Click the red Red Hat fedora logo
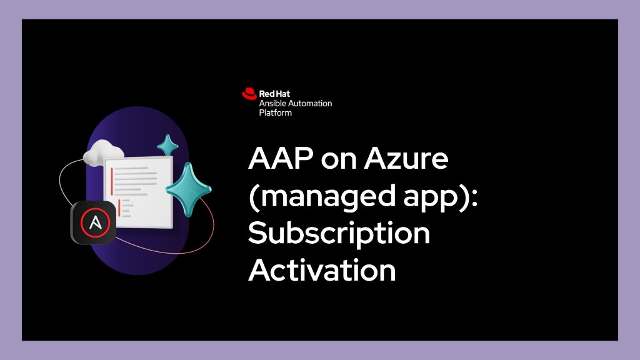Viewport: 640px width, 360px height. pos(249,94)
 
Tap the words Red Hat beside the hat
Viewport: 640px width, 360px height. pos(273,94)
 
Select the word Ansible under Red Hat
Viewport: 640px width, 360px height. pos(272,104)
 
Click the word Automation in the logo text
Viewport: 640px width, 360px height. pos(311,104)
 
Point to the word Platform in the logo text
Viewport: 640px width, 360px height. pos(276,113)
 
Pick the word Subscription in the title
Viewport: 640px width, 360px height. pos(339,234)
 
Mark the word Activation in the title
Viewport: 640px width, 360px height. pos(322,271)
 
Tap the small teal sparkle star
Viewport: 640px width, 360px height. pos(167,145)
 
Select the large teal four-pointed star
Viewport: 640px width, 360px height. pos(188,189)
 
